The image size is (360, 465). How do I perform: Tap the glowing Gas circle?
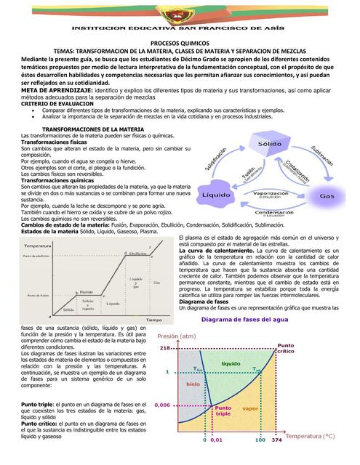click(x=327, y=196)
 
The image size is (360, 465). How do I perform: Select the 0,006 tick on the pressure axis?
click(x=163, y=405)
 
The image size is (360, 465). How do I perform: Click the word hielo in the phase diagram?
click(x=193, y=384)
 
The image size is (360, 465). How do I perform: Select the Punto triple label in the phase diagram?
click(x=223, y=412)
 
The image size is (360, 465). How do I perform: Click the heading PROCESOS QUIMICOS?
click(x=179, y=43)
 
